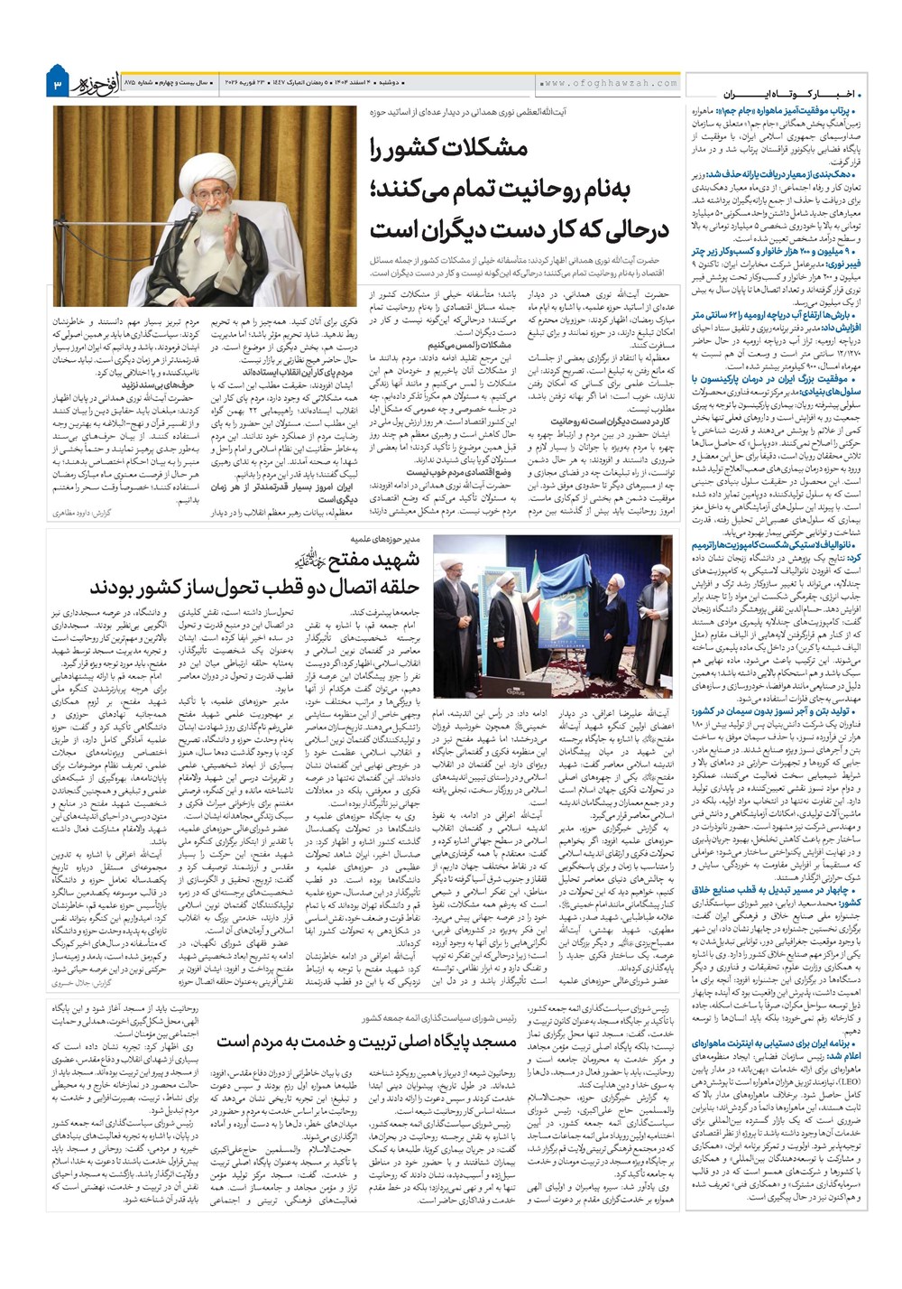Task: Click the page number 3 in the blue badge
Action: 57,85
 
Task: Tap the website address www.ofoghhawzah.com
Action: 610,83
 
